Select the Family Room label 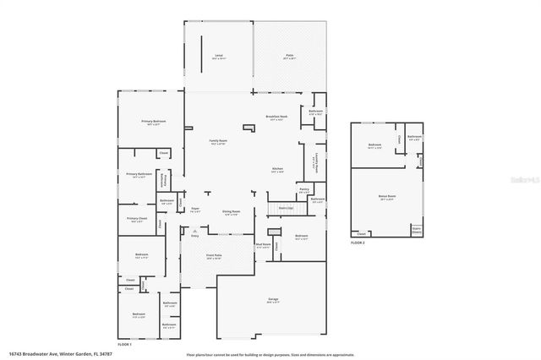pyautogui.click(x=219, y=142)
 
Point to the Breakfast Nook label pyautogui.click(x=277, y=117)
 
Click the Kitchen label pyautogui.click(x=277, y=169)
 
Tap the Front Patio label pyautogui.click(x=216, y=256)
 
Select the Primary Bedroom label pyautogui.click(x=150, y=123)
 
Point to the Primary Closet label pyautogui.click(x=138, y=220)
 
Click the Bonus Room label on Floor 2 pyautogui.click(x=387, y=197)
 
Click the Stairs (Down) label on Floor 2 pyautogui.click(x=416, y=229)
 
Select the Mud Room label pyautogui.click(x=263, y=246)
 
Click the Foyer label pyautogui.click(x=194, y=209)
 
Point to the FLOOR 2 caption pyautogui.click(x=359, y=243)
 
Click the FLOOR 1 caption pyautogui.click(x=125, y=345)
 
